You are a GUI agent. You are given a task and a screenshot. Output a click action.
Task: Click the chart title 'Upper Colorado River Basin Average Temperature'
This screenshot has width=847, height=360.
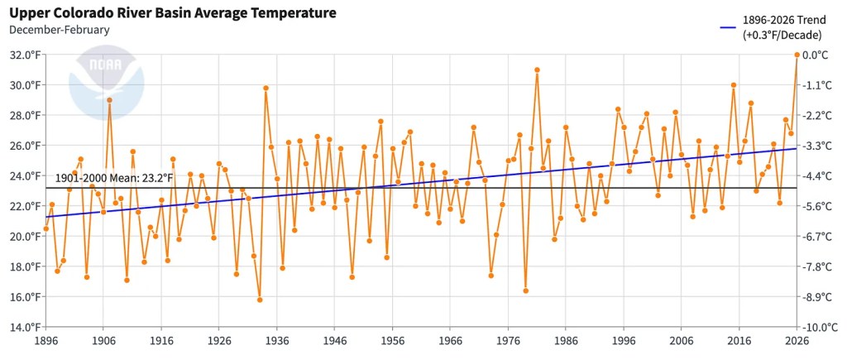(172, 13)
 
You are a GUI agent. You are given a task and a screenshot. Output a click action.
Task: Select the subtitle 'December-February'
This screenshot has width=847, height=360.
(59, 30)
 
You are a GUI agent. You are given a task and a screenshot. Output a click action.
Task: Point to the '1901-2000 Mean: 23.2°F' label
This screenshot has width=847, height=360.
(114, 177)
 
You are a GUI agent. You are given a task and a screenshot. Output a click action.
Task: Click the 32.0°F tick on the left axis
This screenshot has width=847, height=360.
(24, 55)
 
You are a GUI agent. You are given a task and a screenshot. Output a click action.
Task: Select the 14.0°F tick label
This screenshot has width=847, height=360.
(24, 327)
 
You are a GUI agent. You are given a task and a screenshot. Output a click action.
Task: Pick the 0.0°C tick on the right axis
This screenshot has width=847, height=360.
(816, 55)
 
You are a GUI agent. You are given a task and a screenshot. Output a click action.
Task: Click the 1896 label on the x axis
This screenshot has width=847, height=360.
(45, 340)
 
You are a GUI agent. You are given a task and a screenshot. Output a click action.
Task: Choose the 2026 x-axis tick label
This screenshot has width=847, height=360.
(797, 340)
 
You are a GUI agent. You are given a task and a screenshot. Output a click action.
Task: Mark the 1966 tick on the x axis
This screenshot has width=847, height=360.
(450, 340)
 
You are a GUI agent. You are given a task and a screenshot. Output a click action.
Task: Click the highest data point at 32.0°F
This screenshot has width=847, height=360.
(797, 55)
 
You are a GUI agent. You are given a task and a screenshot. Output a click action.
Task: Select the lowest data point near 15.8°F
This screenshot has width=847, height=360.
(260, 300)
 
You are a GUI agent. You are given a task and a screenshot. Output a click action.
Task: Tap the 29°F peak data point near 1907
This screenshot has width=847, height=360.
(109, 100)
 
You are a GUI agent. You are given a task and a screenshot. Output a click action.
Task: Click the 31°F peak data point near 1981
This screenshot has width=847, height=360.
(537, 70)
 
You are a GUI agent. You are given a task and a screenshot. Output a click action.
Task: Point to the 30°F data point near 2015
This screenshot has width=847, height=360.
(734, 84)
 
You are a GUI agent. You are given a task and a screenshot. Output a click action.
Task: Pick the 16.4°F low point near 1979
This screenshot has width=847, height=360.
(525, 290)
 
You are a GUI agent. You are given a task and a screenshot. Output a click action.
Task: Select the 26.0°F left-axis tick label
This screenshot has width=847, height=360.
(24, 146)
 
